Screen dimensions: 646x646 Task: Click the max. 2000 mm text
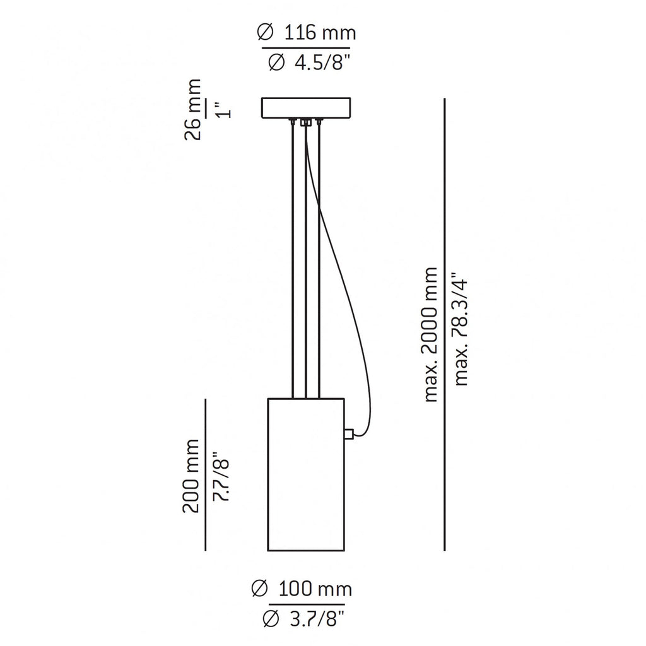coord(431,334)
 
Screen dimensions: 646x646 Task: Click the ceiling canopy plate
coord(306,107)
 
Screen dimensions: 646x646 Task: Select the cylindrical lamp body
coord(306,474)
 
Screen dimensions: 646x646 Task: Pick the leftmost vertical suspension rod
coord(293,259)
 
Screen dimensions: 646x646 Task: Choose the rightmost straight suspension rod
coord(320,259)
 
